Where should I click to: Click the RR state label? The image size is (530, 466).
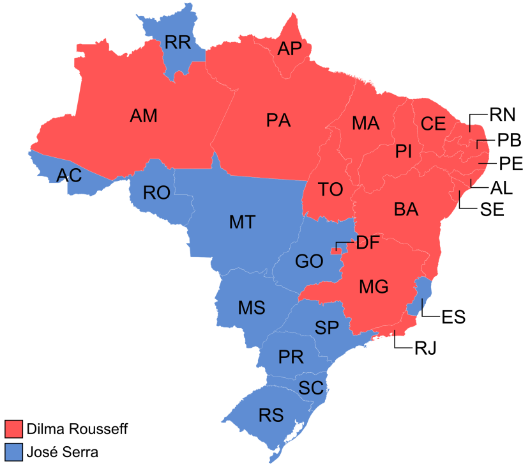(x=178, y=43)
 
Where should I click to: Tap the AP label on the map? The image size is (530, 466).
(x=289, y=49)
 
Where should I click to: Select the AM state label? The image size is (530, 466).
(x=143, y=116)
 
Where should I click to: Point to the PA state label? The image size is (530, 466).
(x=278, y=120)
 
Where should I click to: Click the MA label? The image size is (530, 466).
(x=365, y=123)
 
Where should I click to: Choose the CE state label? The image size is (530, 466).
(x=433, y=123)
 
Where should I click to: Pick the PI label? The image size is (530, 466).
(x=404, y=151)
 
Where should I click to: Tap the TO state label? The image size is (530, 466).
(x=331, y=189)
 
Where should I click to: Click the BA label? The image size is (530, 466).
(x=406, y=209)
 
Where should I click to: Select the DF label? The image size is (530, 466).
(x=368, y=242)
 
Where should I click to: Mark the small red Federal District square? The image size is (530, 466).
(x=334, y=251)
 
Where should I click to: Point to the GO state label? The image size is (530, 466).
(x=309, y=261)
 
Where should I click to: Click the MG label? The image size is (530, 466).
(x=374, y=287)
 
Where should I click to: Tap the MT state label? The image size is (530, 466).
(x=242, y=222)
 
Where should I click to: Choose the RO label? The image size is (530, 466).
(x=156, y=192)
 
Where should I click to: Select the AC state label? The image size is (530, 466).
(x=69, y=175)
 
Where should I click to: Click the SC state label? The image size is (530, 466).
(x=311, y=387)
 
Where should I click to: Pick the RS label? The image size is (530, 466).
(x=271, y=415)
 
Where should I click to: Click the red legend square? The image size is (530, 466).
(x=14, y=428)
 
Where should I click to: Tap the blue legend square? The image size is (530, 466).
(x=14, y=451)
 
